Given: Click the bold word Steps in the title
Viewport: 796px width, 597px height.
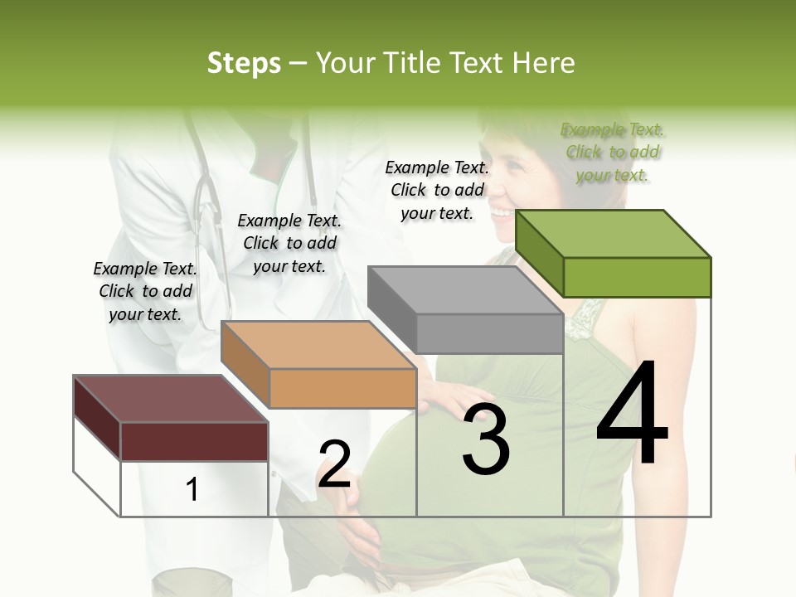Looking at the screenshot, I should (244, 63).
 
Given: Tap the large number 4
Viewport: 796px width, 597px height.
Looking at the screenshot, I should (632, 414).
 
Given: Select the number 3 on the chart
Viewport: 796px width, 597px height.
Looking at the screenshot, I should (486, 440).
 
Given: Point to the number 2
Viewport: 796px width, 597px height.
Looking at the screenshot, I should (334, 464).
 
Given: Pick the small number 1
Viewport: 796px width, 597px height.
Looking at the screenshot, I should (192, 489).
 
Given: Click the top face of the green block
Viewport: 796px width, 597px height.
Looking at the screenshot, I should (613, 233).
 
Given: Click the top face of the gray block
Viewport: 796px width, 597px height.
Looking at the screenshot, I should (465, 289).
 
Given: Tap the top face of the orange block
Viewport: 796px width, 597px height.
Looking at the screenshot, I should (318, 344).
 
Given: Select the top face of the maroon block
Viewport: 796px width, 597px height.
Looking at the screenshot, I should (171, 399).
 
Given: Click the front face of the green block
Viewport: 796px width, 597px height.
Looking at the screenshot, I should (637, 277).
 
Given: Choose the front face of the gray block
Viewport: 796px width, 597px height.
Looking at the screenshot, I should (489, 333).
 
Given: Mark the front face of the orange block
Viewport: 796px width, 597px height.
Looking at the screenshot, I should (342, 388).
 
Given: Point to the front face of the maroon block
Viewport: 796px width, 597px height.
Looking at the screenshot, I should (194, 441).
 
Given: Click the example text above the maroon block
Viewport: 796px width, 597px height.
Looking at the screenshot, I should (145, 291).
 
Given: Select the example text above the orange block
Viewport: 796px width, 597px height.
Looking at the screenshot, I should (289, 243).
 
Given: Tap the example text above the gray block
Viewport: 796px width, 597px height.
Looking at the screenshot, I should (437, 190).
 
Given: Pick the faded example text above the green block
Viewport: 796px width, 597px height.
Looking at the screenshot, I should (613, 152).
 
